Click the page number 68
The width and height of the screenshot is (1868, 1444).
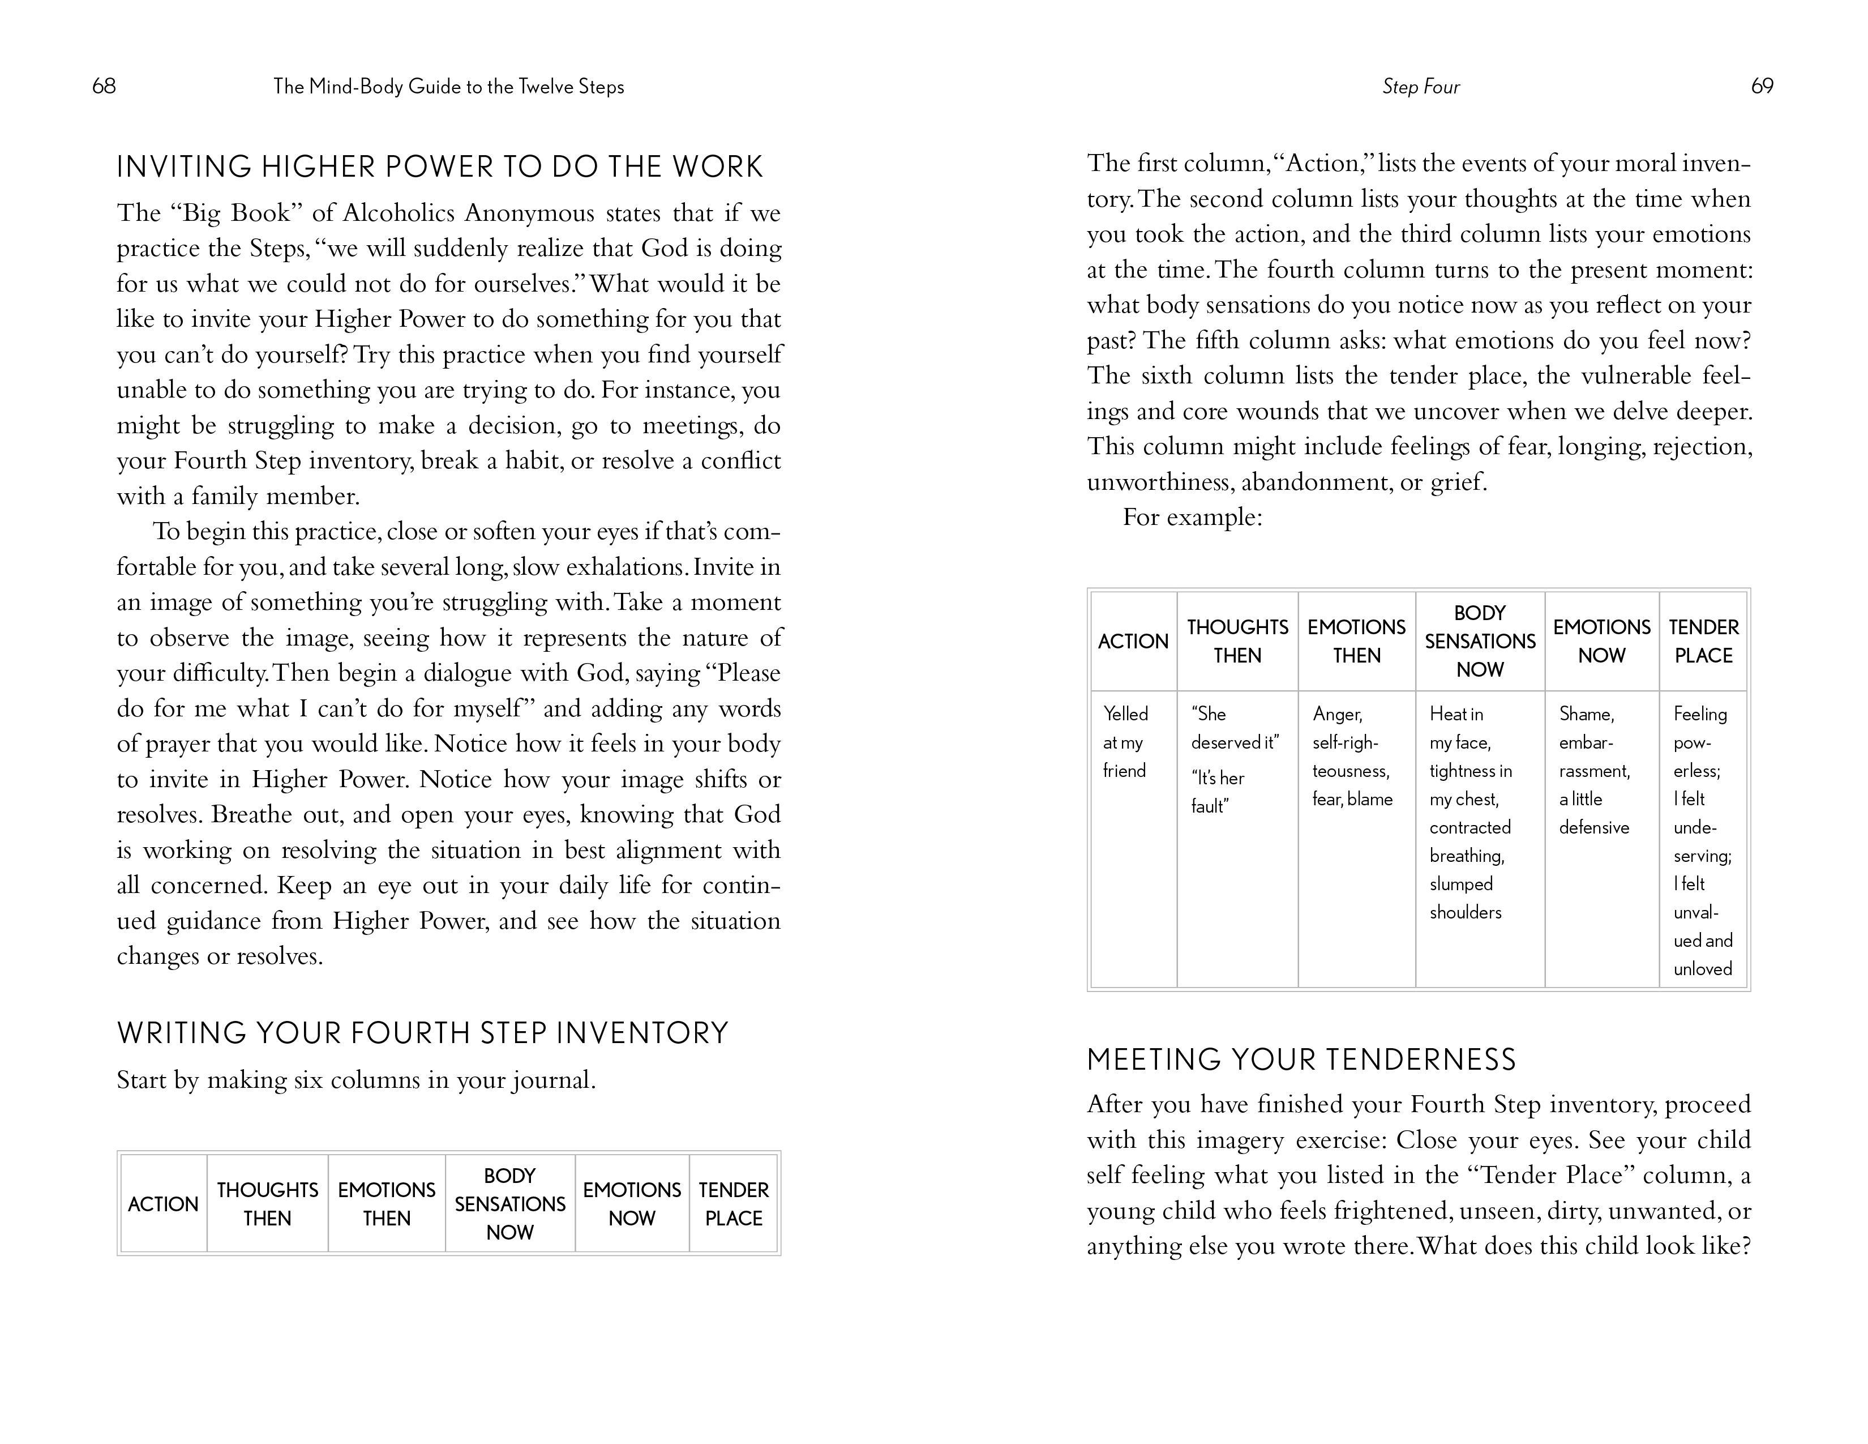104,87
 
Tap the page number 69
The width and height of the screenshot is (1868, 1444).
1762,87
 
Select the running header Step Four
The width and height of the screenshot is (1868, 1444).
1421,87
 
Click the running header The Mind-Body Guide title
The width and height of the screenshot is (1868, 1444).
448,87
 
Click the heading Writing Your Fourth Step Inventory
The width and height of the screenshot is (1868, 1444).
422,1033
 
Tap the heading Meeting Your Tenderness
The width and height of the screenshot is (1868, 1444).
1301,1060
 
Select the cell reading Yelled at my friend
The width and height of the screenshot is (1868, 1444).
1125,742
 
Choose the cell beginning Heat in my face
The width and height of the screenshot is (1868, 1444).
1470,813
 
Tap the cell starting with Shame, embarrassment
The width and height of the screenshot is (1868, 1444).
1594,771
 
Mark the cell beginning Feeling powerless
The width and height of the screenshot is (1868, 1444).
1702,841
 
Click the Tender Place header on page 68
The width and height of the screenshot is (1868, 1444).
733,1204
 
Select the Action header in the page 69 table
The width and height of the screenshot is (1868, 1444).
1133,642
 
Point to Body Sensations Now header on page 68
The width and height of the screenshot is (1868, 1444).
510,1204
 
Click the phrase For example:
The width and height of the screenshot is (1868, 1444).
1192,518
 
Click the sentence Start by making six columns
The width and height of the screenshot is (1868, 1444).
356,1080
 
